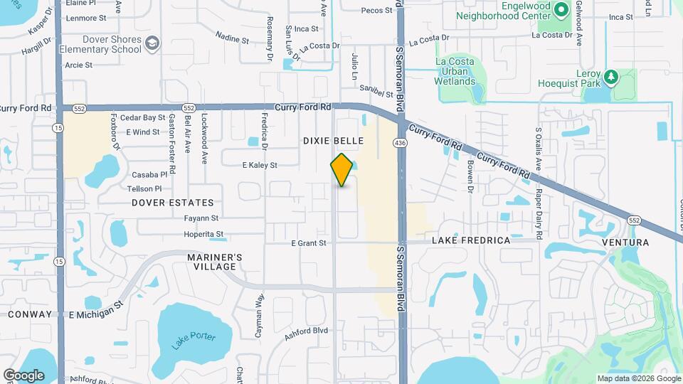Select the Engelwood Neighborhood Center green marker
[561, 9]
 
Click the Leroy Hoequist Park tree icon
[610, 76]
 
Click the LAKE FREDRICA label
[471, 240]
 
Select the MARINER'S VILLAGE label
[215, 262]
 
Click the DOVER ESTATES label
[173, 203]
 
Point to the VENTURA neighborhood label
[625, 242]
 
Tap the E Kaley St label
[260, 165]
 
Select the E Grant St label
[309, 243]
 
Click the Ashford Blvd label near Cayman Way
[306, 331]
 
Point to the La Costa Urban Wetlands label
[455, 71]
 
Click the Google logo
[23, 375]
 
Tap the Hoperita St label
[203, 233]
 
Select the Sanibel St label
[375, 93]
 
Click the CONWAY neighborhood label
[30, 314]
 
